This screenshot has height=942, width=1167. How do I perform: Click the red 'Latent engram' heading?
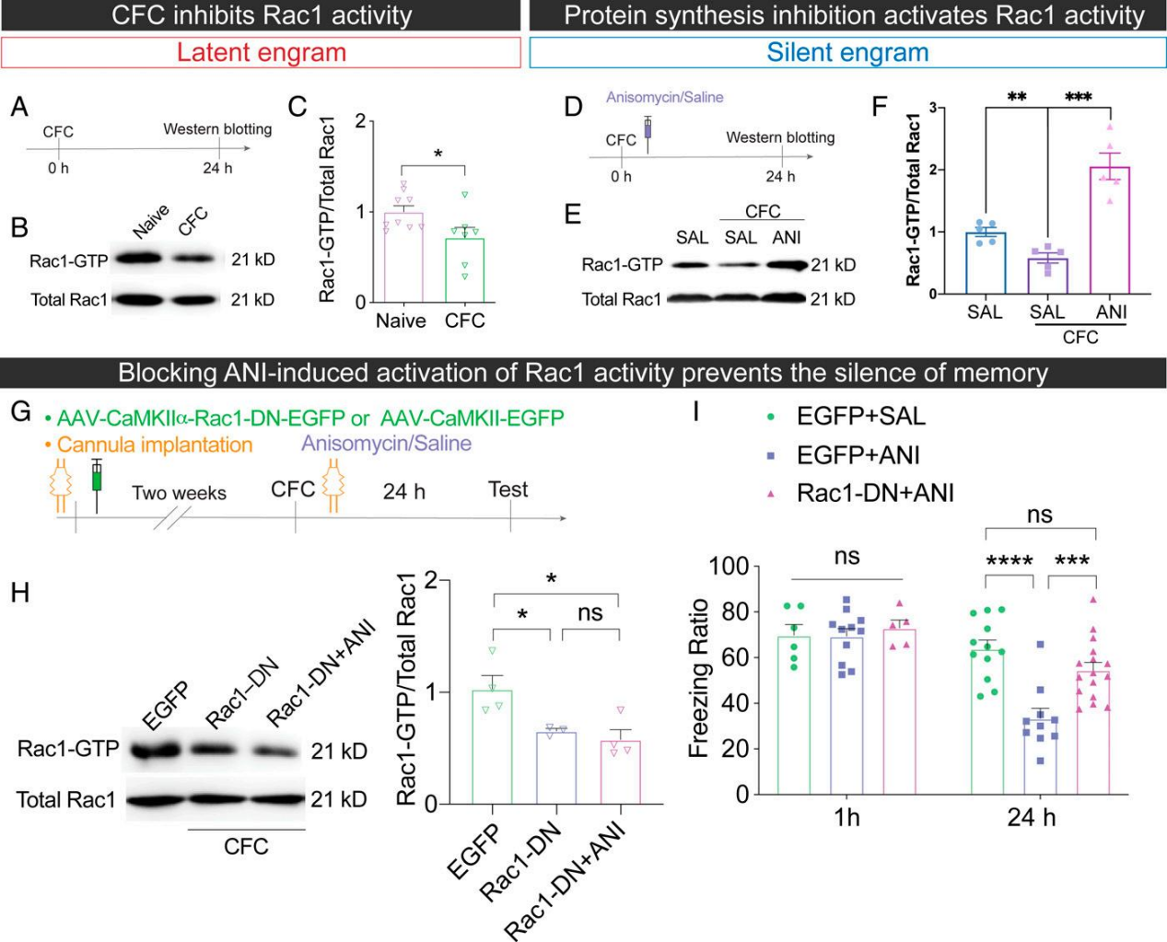click(x=262, y=52)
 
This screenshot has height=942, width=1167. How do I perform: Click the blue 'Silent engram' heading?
click(x=847, y=52)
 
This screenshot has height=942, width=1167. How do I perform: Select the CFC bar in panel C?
click(x=465, y=269)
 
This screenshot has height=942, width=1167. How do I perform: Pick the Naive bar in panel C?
click(x=403, y=256)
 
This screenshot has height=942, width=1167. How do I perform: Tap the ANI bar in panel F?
click(x=1111, y=230)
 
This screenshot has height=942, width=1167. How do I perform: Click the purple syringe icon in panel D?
click(x=648, y=128)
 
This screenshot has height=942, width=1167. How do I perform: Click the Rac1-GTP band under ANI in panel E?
click(x=785, y=265)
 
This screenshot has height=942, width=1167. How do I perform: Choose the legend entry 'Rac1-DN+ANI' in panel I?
click(x=874, y=494)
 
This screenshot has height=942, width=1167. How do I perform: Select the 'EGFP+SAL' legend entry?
click(x=860, y=416)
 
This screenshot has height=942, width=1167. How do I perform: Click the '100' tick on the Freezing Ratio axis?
click(x=727, y=565)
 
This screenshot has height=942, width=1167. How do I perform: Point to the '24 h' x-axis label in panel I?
click(x=1032, y=817)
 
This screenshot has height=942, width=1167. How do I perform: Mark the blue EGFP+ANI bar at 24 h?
click(x=1041, y=756)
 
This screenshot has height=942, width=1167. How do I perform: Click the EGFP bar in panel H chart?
click(x=492, y=747)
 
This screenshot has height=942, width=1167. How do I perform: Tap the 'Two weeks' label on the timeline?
click(x=179, y=493)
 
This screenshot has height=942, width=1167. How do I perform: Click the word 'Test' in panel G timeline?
click(x=508, y=489)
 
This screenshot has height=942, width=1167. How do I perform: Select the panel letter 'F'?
click(x=880, y=106)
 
